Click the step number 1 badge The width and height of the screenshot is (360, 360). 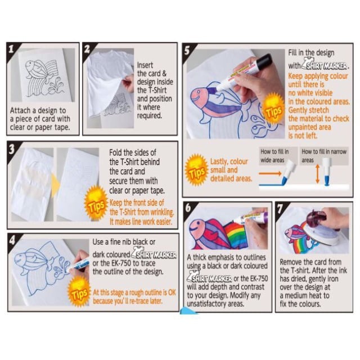coord(11,48)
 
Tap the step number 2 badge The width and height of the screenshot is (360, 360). coord(87,48)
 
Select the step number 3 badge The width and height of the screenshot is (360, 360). coord(11,148)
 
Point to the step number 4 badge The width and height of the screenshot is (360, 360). coord(12,240)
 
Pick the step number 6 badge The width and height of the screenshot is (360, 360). coord(188,208)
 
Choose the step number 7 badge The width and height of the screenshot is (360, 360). coord(280,208)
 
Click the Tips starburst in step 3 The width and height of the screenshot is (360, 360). coord(96,202)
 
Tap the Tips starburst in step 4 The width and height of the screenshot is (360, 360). coord(79,291)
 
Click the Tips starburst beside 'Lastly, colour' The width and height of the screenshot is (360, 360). coord(196,170)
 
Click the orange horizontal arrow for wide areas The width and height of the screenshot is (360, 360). coord(270,173)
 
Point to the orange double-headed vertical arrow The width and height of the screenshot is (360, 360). coord(317,174)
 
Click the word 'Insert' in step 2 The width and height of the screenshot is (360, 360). coord(145,65)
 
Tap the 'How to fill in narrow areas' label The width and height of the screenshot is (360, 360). coord(324,156)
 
